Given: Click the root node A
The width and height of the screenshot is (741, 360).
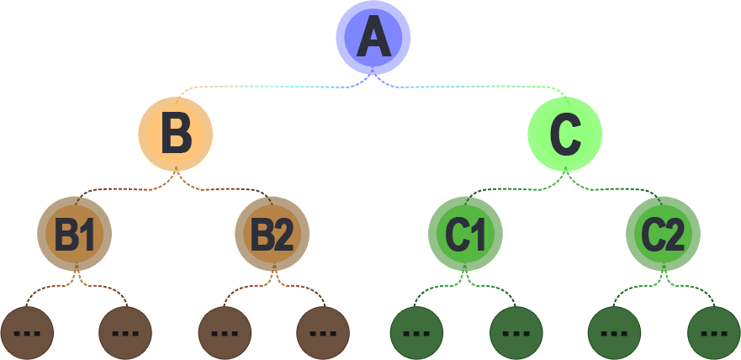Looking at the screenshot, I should coord(373,38).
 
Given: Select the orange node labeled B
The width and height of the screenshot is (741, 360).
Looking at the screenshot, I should coord(176,133).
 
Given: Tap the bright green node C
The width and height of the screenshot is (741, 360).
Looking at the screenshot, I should coord(564,133).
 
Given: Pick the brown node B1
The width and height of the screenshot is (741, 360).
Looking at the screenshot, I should coord(75,234).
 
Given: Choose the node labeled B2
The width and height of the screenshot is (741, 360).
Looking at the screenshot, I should coord(272,234).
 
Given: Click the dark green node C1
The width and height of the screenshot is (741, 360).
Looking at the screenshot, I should coord(465,234).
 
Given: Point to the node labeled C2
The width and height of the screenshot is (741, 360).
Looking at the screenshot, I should coord(663,234).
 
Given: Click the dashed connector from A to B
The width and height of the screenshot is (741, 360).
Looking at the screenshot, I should coord(269,87).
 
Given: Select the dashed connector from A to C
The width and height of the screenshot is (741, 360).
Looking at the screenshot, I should coord(471,87).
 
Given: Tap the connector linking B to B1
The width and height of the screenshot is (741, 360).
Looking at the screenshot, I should coord(126,189).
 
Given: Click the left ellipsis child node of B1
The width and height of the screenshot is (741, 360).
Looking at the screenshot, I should coord(27,332).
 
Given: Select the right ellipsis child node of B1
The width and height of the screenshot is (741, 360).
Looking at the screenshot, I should coord(125,332).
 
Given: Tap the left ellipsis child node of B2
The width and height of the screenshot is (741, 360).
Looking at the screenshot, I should coord(225,332).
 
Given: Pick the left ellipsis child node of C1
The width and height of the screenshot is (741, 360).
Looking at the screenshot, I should coord(417,332).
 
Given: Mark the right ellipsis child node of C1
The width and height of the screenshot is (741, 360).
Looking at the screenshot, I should coord(516,332).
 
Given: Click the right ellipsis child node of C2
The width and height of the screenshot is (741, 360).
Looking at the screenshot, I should coord(713,332).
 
